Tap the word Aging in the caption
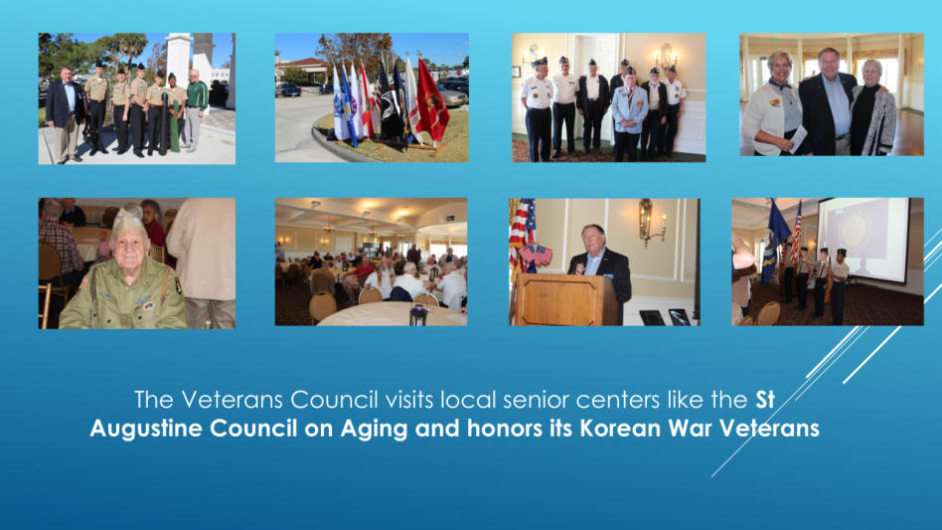point(375,430)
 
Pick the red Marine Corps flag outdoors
point(432,101)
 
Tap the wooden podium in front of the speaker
point(565,299)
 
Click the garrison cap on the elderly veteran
point(128,221)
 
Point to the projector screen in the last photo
point(863,238)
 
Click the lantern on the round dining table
point(418,315)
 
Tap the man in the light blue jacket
point(629,114)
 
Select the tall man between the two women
point(828,101)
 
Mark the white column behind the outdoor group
point(179,60)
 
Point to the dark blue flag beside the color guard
point(774,241)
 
